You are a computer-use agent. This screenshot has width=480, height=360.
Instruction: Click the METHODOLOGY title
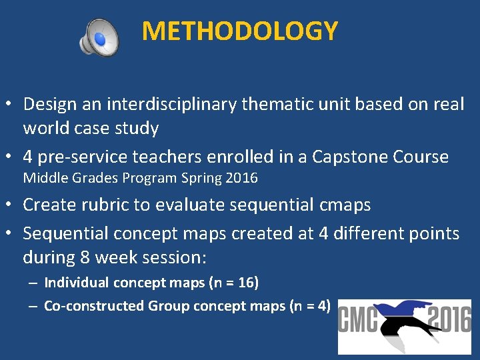coord(240,31)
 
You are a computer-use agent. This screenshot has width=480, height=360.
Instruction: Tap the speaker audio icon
coord(99,37)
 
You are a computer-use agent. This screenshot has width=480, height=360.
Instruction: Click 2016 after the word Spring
coord(242,179)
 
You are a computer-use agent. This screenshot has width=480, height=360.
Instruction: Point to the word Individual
coord(77,283)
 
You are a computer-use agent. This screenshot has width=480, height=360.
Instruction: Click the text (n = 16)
coord(234,283)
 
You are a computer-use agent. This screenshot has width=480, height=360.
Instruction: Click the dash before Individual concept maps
coord(33,283)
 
